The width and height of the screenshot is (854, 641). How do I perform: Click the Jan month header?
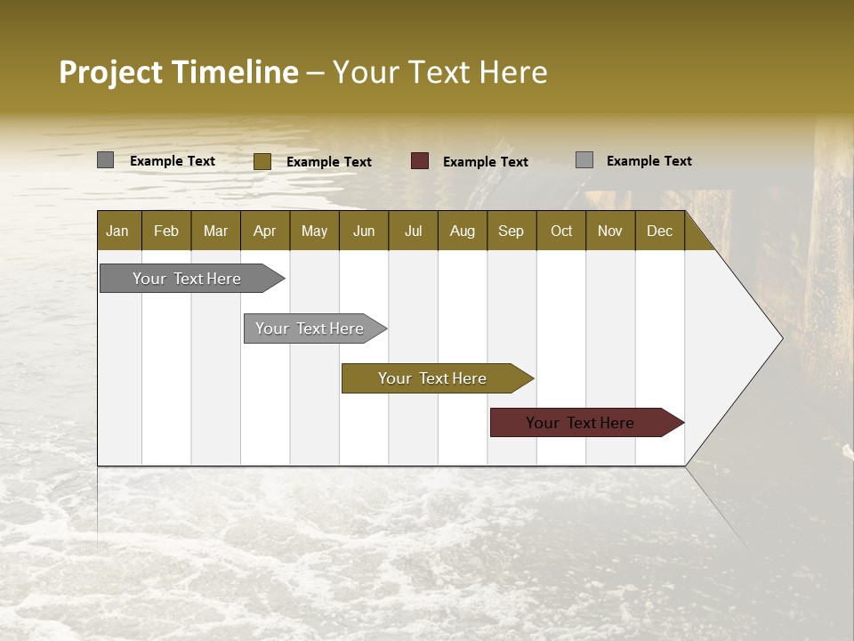(117, 231)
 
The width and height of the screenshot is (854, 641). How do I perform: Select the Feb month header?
(166, 231)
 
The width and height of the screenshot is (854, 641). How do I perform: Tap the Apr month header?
(265, 231)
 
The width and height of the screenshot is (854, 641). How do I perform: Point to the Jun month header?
(364, 231)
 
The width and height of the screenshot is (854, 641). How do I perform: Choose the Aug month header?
(463, 231)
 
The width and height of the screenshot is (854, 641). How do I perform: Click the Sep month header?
(512, 231)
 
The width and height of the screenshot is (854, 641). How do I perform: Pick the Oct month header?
(561, 231)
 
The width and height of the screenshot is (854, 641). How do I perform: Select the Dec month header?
(660, 231)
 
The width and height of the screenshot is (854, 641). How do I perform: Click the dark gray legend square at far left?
(106, 160)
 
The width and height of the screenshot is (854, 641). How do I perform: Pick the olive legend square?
(262, 161)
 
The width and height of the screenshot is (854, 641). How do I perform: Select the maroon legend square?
(420, 161)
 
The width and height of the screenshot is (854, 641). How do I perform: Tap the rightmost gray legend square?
(584, 160)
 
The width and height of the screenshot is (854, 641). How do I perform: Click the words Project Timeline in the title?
(178, 72)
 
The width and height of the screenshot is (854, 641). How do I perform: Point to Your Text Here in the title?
(440, 72)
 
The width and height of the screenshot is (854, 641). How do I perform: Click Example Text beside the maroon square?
(486, 162)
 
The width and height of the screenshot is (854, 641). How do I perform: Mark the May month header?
(314, 231)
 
